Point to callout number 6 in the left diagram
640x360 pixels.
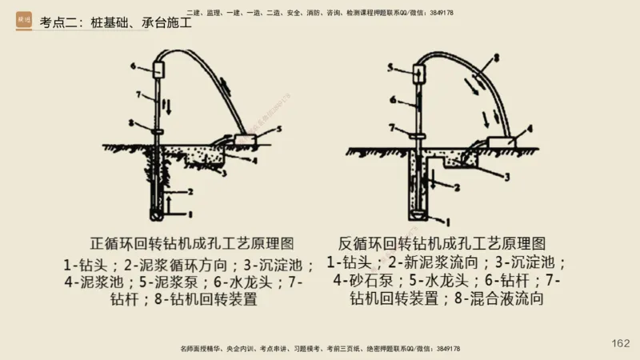click(x=137, y=63)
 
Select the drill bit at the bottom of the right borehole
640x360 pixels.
click(x=418, y=214)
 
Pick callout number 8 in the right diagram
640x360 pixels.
click(x=496, y=58)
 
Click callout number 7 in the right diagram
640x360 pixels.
click(x=392, y=127)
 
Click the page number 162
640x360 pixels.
click(x=620, y=343)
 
